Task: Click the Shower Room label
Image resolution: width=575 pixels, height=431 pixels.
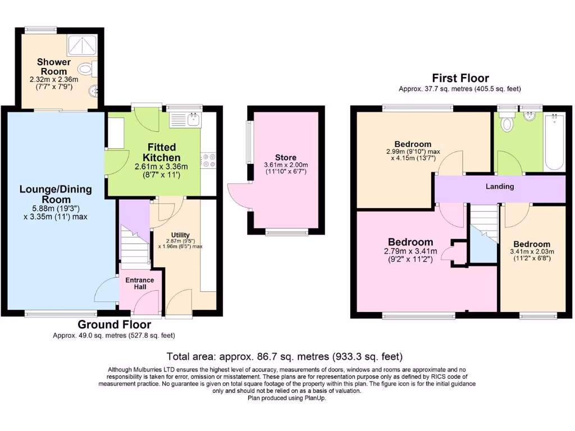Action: pyautogui.click(x=54, y=67)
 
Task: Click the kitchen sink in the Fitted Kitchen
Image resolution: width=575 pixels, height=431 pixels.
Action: pyautogui.click(x=194, y=118)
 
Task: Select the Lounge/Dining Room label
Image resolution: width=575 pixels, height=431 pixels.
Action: pyautogui.click(x=55, y=194)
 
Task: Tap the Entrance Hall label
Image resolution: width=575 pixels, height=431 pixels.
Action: pyautogui.click(x=135, y=283)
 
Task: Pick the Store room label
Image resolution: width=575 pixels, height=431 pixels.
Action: pyautogui.click(x=285, y=158)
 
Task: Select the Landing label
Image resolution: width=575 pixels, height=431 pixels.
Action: pyautogui.click(x=499, y=186)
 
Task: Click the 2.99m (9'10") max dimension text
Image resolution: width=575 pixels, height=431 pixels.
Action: pyautogui.click(x=413, y=152)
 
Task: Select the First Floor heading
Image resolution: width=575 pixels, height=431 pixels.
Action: pyautogui.click(x=460, y=78)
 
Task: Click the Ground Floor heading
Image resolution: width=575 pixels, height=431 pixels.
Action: pyautogui.click(x=114, y=324)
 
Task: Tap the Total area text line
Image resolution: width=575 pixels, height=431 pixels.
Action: pyautogui.click(x=285, y=356)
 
